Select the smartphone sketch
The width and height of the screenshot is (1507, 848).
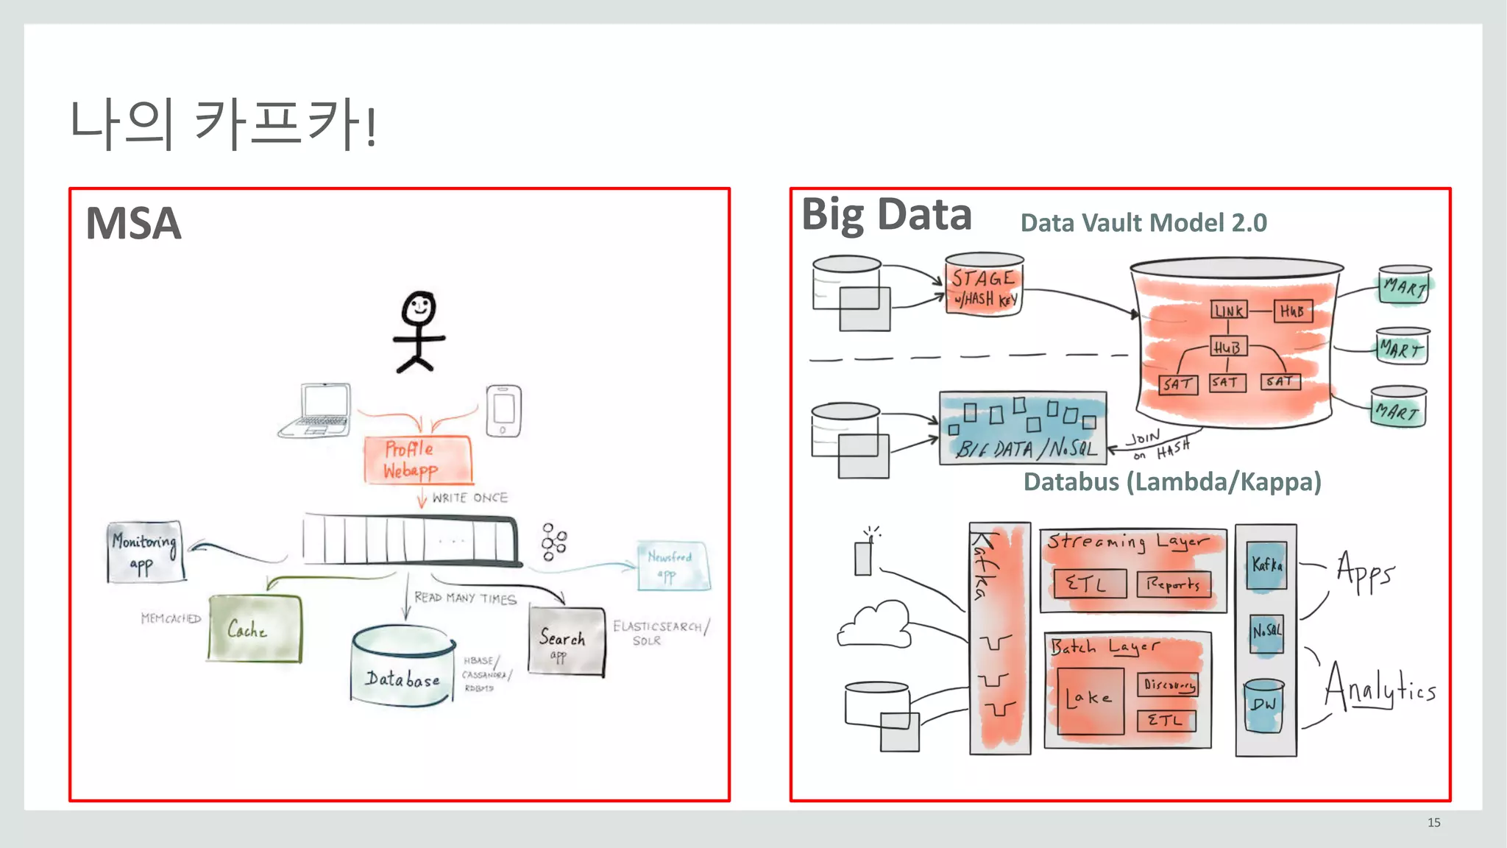(503, 411)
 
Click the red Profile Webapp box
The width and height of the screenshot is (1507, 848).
(417, 459)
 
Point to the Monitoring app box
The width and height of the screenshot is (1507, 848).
(144, 552)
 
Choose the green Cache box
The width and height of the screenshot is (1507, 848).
(255, 628)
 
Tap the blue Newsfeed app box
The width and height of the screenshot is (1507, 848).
(673, 565)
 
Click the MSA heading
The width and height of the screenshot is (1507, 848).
(133, 223)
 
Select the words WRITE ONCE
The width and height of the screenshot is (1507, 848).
(469, 498)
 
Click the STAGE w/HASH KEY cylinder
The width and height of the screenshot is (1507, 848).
(983, 286)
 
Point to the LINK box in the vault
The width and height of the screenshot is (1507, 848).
(1229, 311)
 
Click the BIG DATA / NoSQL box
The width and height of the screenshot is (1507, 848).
(1023, 428)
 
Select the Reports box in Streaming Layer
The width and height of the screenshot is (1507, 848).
(1173, 584)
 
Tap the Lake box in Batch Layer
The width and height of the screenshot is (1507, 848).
(1090, 700)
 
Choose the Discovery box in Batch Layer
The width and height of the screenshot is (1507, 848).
(1168, 685)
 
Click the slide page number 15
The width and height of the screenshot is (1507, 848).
(1433, 822)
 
